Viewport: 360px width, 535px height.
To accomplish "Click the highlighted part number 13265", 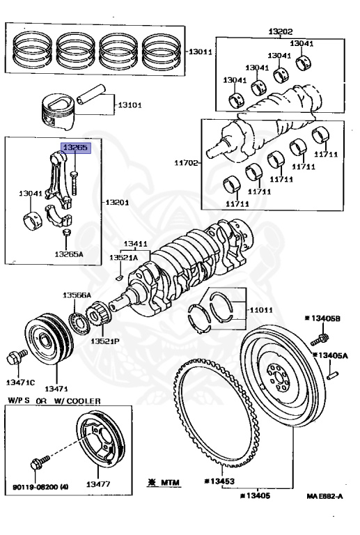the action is [x=75, y=148].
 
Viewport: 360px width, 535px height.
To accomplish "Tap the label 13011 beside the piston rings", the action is [x=201, y=52].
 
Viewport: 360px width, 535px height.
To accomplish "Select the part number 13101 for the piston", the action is [x=130, y=105].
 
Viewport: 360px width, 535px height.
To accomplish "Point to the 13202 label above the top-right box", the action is [x=280, y=32].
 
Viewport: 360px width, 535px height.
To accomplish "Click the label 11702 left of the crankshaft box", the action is [x=186, y=163].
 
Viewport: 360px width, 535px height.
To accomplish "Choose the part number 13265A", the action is [x=69, y=254].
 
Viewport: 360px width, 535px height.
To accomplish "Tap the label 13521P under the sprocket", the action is [x=105, y=341].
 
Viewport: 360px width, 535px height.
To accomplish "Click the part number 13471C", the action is [x=20, y=382].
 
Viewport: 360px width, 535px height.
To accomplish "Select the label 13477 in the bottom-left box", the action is [x=98, y=484].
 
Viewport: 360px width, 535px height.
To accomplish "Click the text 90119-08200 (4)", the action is [x=40, y=487].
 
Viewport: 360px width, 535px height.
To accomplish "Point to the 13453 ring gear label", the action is [x=219, y=481].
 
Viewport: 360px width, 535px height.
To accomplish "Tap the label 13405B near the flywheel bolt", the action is [x=322, y=318].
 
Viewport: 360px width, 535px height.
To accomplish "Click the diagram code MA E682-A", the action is [x=325, y=496].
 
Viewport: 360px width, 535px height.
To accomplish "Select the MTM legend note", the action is [x=164, y=483].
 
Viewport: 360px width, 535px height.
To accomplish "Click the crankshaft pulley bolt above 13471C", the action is [x=17, y=356].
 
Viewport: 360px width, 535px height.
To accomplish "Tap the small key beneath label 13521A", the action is [x=119, y=277].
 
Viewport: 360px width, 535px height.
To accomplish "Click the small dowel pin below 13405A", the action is [x=332, y=375].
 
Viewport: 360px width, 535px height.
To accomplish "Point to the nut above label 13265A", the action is [x=66, y=233].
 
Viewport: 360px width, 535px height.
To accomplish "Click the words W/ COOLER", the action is [x=77, y=401].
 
